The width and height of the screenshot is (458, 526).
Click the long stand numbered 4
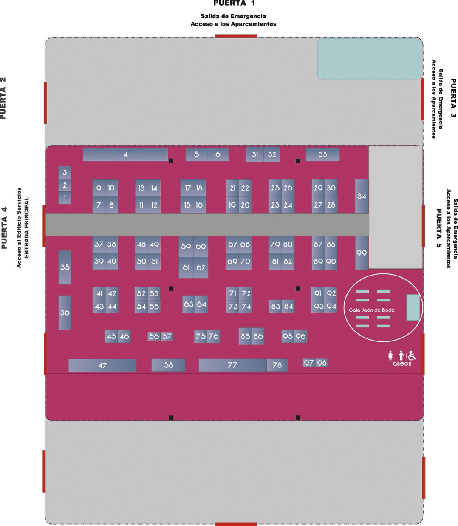tap(125, 154)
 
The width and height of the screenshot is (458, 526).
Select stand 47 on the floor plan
tap(102, 365)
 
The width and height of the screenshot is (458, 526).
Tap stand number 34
tap(362, 196)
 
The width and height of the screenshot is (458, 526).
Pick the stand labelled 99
tap(362, 253)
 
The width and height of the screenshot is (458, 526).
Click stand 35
tap(65, 267)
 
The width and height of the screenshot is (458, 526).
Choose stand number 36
tap(65, 312)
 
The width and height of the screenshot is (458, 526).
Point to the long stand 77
tap(232, 365)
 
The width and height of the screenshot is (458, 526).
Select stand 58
tap(168, 365)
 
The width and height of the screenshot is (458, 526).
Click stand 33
tap(322, 154)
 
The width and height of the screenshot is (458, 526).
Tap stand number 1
tap(65, 198)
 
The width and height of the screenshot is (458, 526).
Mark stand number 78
tap(277, 365)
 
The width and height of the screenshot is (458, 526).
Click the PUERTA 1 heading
tap(234, 3)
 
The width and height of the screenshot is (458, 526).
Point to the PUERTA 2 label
tap(3, 98)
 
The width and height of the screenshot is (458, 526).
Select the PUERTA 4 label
tap(4, 227)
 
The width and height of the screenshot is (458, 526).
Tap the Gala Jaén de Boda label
tap(371, 310)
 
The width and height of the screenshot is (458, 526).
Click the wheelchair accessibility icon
tap(412, 355)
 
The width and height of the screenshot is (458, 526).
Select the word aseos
tap(401, 364)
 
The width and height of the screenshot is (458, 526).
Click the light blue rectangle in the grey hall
tap(369, 59)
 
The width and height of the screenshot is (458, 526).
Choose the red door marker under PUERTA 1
tap(236, 36)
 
